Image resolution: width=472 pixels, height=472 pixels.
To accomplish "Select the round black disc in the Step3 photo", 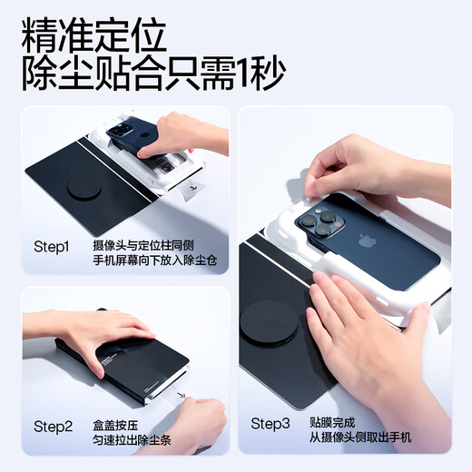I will click(x=268, y=324).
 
